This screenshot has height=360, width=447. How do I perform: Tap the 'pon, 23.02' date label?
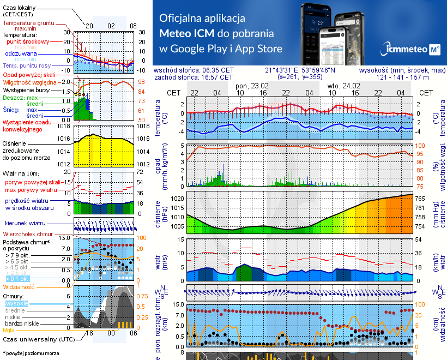[252, 86]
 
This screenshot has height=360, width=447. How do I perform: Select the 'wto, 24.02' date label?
[344, 86]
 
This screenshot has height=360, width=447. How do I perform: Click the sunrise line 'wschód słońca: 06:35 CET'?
[194, 70]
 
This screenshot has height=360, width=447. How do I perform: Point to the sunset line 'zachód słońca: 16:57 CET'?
[194, 77]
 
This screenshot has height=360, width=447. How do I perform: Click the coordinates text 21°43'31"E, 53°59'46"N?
[300, 70]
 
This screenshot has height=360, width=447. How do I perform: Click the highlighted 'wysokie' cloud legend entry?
[16, 303]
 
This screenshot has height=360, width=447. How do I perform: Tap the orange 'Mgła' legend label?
[9, 330]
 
